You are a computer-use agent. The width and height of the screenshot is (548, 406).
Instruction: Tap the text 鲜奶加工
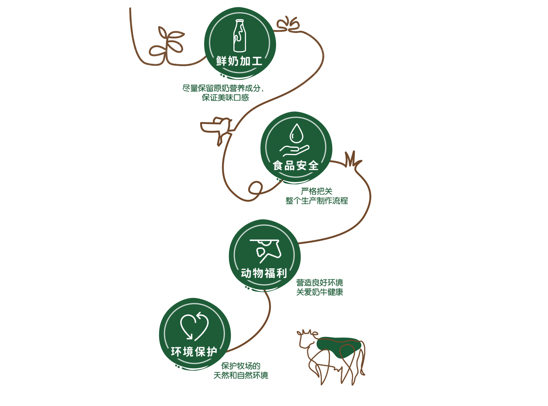239,61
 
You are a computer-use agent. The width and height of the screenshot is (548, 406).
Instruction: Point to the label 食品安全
296,166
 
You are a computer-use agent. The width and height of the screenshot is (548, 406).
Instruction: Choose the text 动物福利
264,273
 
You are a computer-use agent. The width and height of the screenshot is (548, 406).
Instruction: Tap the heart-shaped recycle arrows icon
194,326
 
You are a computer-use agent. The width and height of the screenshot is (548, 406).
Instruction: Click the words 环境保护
194,352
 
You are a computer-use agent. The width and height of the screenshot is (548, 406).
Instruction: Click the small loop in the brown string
255,188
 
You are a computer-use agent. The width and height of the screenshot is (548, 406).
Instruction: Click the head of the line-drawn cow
306,339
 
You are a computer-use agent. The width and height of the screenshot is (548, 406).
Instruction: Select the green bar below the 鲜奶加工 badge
222,93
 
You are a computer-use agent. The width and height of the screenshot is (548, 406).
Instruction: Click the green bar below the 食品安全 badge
317,196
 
